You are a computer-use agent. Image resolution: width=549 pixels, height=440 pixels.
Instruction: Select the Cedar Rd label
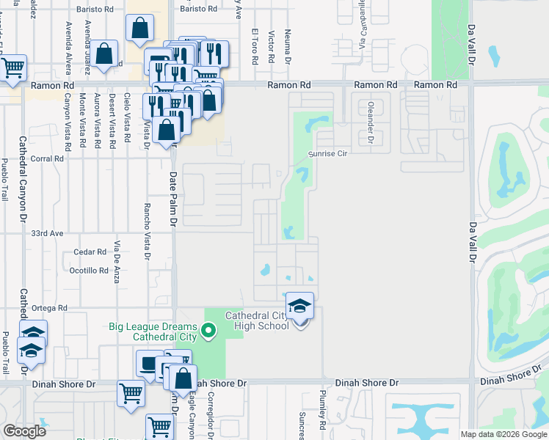(90, 252)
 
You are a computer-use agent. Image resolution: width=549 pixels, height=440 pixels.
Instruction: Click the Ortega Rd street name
(51, 308)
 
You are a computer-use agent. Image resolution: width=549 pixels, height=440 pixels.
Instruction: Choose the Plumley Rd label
(323, 415)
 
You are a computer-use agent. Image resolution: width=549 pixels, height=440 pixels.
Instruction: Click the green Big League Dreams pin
(208, 331)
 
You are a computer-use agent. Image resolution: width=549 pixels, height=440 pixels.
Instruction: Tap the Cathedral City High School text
(257, 320)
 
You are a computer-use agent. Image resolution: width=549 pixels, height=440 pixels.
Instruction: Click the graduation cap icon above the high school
(299, 306)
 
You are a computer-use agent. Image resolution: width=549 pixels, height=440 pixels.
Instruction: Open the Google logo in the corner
(25, 430)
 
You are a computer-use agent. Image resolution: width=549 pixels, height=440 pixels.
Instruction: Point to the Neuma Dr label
(289, 48)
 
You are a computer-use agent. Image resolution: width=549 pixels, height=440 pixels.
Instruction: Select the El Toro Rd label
(255, 45)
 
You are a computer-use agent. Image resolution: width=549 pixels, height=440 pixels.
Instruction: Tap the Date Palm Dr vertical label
(174, 198)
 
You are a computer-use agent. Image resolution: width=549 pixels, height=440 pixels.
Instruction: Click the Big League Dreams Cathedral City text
(154, 331)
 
